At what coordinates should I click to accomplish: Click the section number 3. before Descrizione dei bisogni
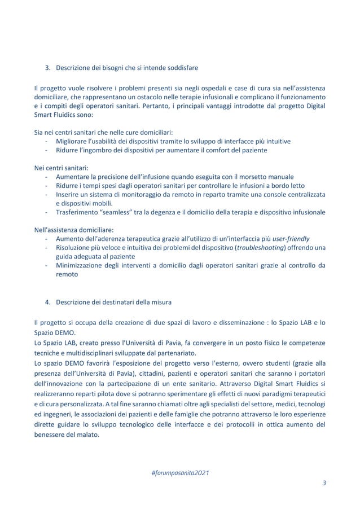coord(48,69)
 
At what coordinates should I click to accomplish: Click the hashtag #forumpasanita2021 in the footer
coord(179,472)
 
